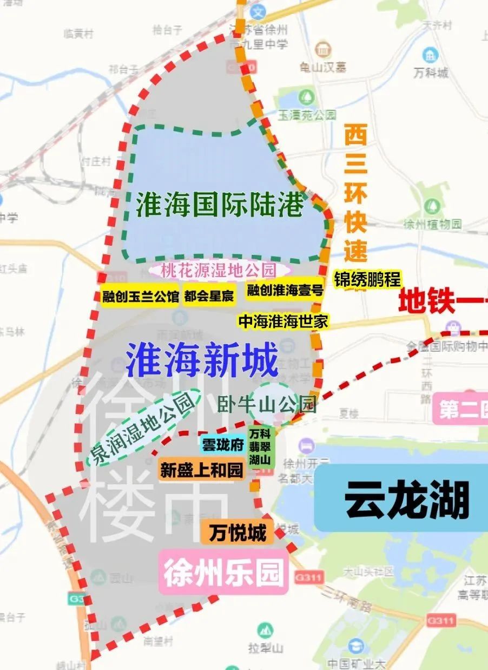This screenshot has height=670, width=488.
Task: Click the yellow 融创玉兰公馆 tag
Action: [140, 296]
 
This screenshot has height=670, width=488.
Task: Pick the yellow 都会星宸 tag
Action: [209, 296]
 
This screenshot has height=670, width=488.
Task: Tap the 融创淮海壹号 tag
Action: [285, 291]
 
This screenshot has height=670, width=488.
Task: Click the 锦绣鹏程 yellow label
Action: [367, 279]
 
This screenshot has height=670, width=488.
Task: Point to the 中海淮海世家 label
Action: [283, 321]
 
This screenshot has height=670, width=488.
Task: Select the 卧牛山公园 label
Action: [267, 404]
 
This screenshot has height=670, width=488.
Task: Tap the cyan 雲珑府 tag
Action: [223, 444]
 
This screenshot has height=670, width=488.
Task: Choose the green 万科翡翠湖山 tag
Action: [260, 446]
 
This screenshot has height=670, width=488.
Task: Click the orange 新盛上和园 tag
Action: [201, 469]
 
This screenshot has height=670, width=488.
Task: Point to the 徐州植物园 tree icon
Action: [432, 206]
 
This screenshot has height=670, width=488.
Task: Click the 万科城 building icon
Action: [431, 55]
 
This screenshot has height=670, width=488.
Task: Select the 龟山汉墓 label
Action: [323, 67]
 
